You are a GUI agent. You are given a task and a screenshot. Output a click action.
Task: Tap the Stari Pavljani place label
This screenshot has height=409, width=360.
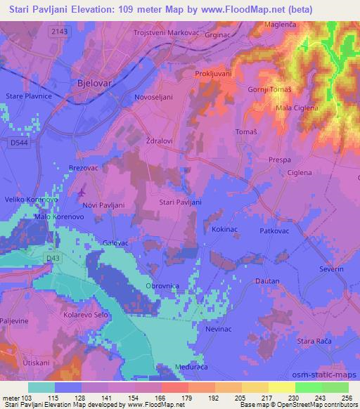[x=181, y=202]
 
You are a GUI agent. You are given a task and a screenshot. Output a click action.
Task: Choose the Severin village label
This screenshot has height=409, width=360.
[x=330, y=269]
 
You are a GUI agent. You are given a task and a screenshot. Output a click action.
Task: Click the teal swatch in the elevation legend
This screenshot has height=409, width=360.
[x=41, y=387]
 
